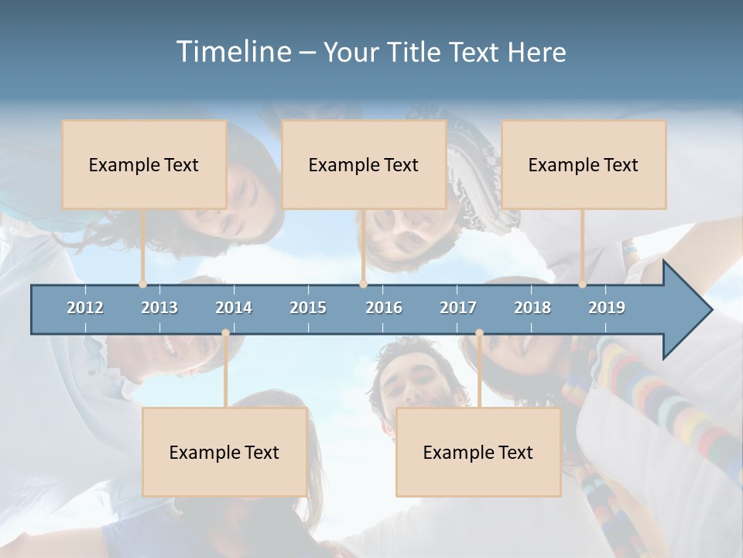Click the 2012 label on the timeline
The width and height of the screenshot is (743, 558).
(85, 308)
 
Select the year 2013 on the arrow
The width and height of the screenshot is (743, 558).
(159, 308)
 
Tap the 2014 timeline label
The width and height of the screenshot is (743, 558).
(234, 308)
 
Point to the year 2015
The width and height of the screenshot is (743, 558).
(308, 308)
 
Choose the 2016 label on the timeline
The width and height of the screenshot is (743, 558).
(384, 308)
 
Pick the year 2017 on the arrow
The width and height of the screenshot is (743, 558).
(458, 308)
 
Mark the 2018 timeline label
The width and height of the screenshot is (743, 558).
(532, 308)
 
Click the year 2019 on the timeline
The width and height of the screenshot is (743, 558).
(607, 308)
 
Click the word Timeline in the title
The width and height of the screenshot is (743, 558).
(232, 52)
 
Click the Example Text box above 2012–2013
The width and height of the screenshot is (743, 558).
(144, 164)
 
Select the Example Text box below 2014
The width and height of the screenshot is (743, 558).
(224, 452)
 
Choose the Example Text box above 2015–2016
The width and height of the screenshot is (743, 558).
(364, 164)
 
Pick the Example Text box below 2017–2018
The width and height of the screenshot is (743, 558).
(478, 452)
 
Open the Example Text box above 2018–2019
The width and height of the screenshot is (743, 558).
(584, 164)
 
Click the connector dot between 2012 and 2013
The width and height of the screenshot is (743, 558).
(143, 284)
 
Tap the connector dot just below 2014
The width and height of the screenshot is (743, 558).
(225, 333)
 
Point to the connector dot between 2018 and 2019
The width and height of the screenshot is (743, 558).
(583, 284)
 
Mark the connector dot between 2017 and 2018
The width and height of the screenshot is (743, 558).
(479, 333)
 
